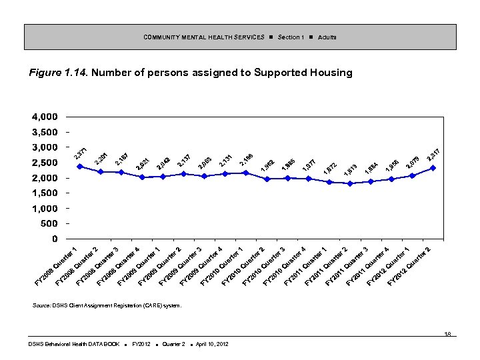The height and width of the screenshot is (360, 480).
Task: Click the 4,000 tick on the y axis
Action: pyautogui.click(x=44, y=117)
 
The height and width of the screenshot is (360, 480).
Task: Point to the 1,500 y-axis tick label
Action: pyautogui.click(x=44, y=193)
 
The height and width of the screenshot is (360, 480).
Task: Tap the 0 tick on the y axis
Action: pyautogui.click(x=53, y=239)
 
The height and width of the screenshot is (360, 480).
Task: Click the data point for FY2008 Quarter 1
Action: pyautogui.click(x=79, y=166)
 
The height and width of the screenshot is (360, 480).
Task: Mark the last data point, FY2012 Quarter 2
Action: pyautogui.click(x=433, y=168)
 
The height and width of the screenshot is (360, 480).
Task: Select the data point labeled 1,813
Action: pyautogui.click(x=350, y=183)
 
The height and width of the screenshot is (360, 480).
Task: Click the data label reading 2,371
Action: pyautogui.click(x=81, y=154)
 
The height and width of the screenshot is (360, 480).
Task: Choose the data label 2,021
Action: pyautogui.click(x=142, y=163)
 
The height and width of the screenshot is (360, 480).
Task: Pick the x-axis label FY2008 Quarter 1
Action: pyautogui.click(x=57, y=267)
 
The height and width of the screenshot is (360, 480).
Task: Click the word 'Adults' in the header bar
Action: pyautogui.click(x=327, y=37)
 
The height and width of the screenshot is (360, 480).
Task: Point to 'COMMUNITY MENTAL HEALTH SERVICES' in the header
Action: pyautogui.click(x=204, y=37)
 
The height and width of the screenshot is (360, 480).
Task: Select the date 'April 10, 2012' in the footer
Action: pyautogui.click(x=209, y=344)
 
